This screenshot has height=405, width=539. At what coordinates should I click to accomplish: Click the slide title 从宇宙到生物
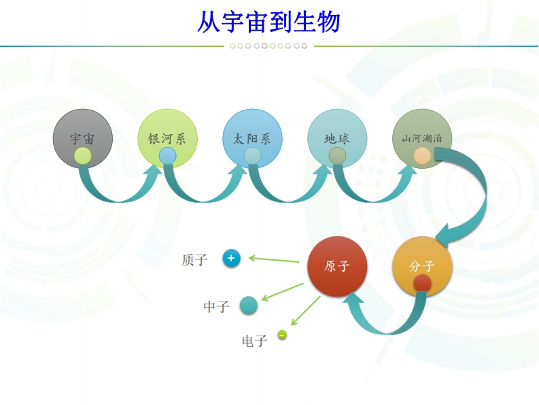[x=268, y=22]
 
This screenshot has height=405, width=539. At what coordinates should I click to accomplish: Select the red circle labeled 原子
[x=337, y=265]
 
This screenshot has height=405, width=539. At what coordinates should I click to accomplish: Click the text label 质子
[x=194, y=260]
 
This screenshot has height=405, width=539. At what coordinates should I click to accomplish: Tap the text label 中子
[x=216, y=307]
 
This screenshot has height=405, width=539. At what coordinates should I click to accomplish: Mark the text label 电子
[x=254, y=341]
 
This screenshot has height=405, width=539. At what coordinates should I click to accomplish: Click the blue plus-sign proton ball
[x=231, y=258]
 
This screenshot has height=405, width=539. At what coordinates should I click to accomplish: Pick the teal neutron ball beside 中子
[x=249, y=305]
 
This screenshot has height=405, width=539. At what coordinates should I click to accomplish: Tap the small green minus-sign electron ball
[x=282, y=334]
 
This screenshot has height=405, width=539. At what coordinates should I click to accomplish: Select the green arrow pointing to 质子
[x=274, y=259]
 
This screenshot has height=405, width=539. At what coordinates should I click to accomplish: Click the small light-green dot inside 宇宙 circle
[x=82, y=156]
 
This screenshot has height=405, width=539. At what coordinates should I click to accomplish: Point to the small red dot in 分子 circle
[x=422, y=282]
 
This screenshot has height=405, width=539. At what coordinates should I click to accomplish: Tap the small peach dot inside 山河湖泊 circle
[x=422, y=156]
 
